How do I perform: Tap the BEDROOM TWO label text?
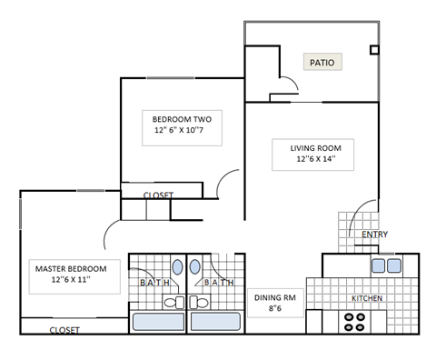181,119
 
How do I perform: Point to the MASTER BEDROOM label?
71,269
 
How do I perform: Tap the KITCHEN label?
366,298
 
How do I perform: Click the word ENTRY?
374,235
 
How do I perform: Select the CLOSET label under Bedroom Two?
158,195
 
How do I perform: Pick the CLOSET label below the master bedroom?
64,330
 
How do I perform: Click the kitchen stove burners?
355,321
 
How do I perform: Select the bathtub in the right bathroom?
216,321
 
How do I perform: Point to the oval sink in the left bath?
176,267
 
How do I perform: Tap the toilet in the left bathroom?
175,300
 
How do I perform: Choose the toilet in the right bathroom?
197,300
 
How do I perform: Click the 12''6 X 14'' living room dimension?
315,159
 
